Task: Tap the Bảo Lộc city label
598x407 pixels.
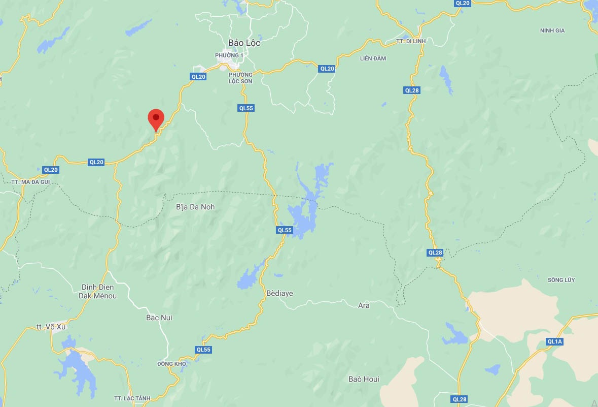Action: [x=244, y=43]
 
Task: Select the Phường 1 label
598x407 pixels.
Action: [x=229, y=55]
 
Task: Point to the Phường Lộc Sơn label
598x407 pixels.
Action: [x=240, y=78]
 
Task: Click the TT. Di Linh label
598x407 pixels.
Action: [x=411, y=41]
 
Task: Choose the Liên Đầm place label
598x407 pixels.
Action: [x=373, y=58]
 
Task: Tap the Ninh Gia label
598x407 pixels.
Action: [x=552, y=31]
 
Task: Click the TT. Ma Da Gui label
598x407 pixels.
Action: [x=30, y=181]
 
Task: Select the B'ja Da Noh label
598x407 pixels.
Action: [x=195, y=207]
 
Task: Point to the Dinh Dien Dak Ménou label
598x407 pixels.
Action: [x=99, y=291]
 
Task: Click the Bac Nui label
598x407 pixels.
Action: [x=159, y=318]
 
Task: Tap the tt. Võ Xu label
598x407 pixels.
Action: [x=51, y=327]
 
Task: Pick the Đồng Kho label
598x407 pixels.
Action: [x=172, y=364]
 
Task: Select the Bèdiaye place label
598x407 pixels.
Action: [x=279, y=293]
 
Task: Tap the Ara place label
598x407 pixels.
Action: [x=364, y=305]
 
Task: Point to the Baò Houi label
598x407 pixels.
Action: [x=364, y=379]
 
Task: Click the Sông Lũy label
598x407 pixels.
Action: [x=561, y=280]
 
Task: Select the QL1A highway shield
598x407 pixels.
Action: [x=555, y=341]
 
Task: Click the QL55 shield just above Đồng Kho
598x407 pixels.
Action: [x=203, y=350]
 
